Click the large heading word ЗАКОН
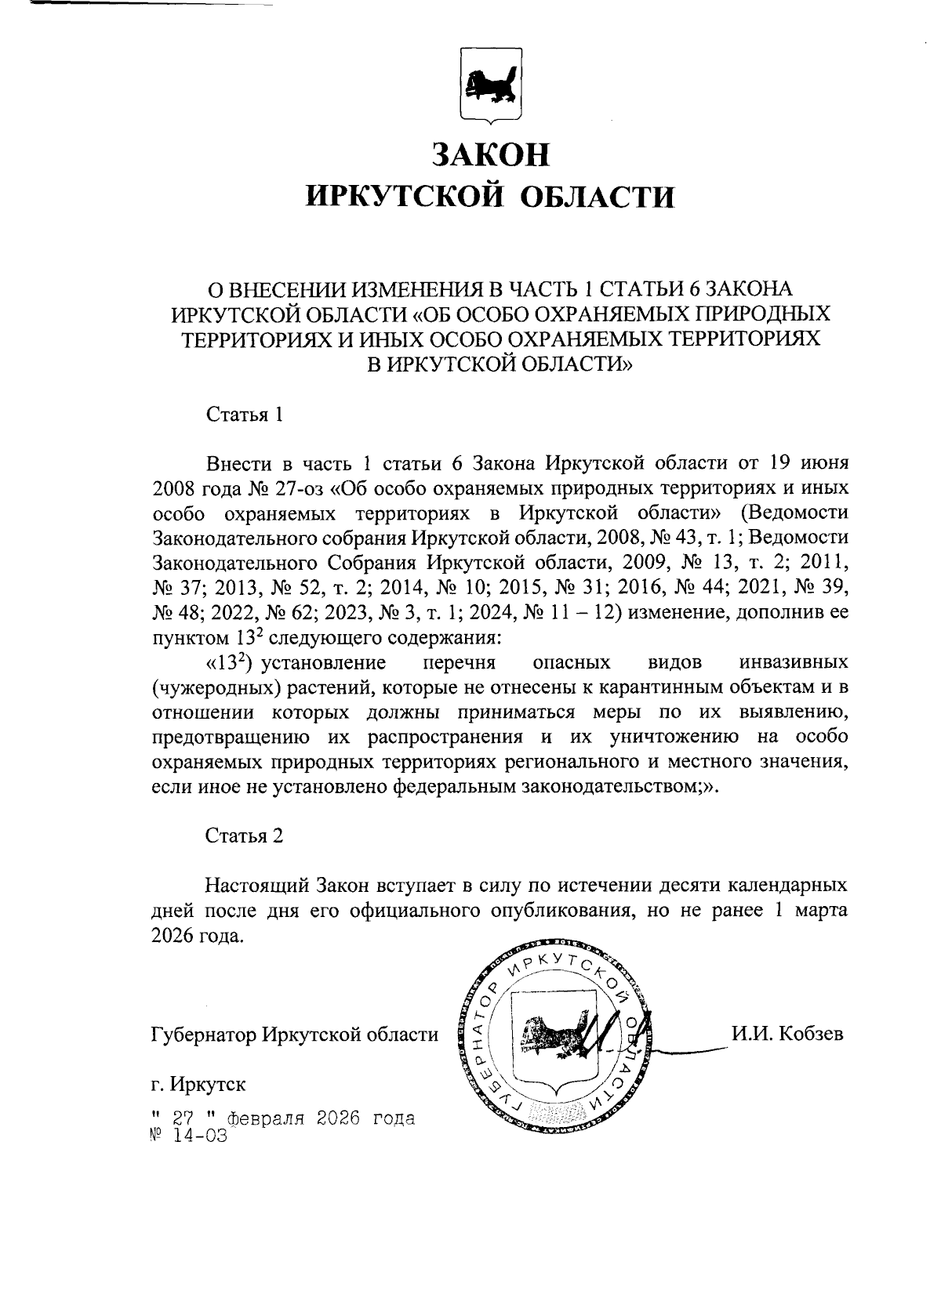tap(491, 154)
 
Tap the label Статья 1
tap(243, 415)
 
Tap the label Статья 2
tap(243, 835)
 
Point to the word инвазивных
tap(793, 663)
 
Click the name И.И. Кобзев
tap(787, 1034)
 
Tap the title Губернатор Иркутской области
tap(294, 1035)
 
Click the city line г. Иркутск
tap(198, 1085)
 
